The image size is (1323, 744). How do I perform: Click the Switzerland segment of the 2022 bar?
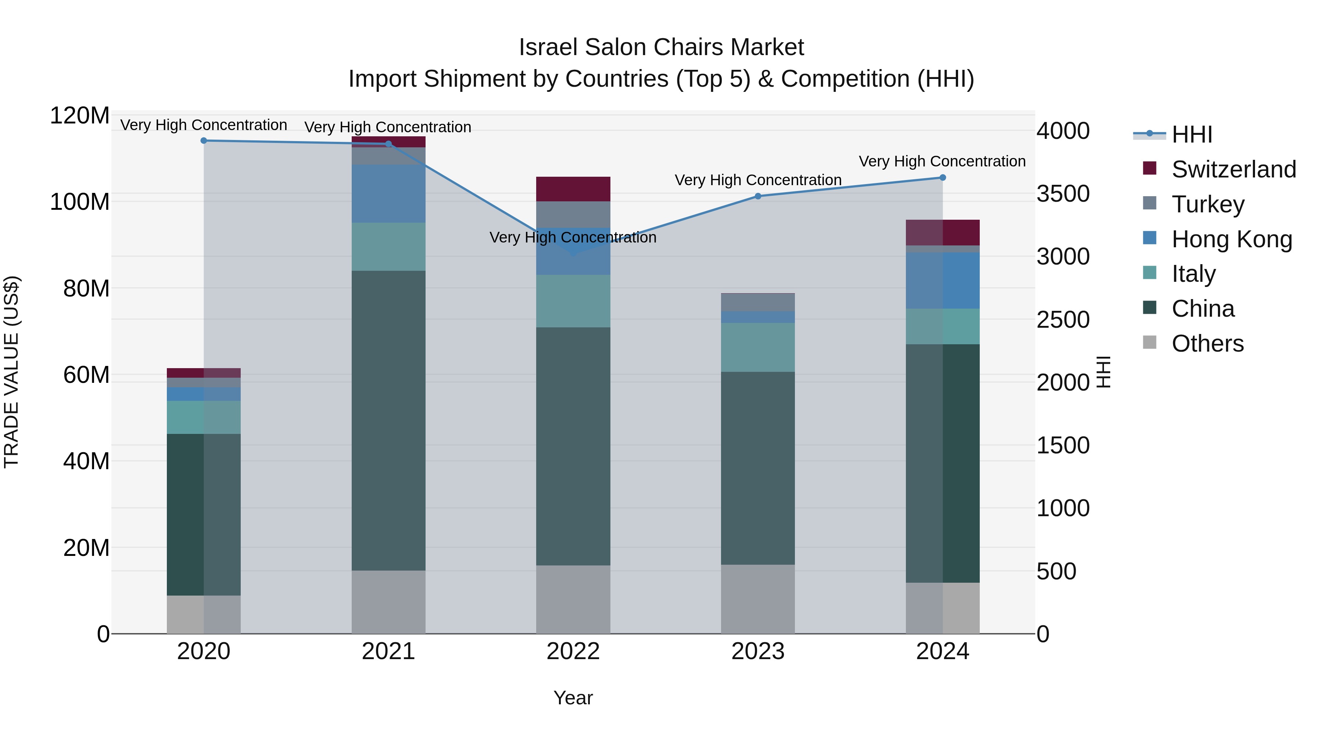[573, 188]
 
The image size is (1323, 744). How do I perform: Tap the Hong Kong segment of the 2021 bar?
[388, 194]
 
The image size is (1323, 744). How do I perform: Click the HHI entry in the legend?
[1191, 134]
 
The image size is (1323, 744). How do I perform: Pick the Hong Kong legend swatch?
[1150, 238]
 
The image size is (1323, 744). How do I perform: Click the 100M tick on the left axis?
[80, 202]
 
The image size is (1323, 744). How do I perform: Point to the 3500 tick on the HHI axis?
[1062, 194]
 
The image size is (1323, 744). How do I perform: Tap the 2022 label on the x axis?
[573, 651]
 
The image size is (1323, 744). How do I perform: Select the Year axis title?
[573, 697]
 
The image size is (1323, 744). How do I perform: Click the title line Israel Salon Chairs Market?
[661, 47]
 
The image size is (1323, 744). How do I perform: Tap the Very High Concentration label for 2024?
[942, 161]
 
